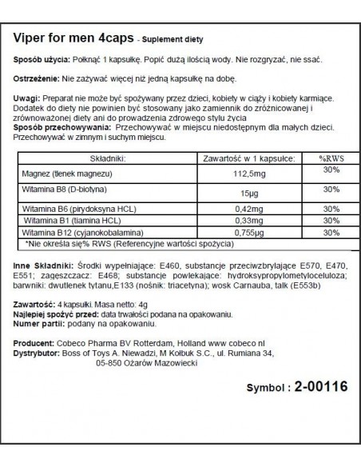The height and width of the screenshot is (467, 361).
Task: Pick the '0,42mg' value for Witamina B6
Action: coord(232,210)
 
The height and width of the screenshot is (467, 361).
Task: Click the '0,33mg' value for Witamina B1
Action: coord(232,222)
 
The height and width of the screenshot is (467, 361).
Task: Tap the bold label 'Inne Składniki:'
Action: coord(42,265)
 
